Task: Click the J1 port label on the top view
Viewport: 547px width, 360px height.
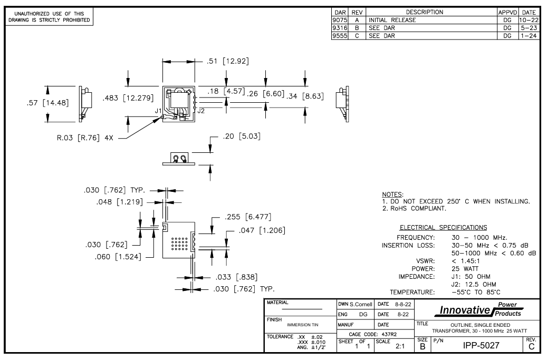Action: [158, 111]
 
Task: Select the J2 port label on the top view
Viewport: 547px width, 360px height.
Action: [200, 111]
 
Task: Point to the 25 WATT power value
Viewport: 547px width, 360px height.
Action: [467, 267]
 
